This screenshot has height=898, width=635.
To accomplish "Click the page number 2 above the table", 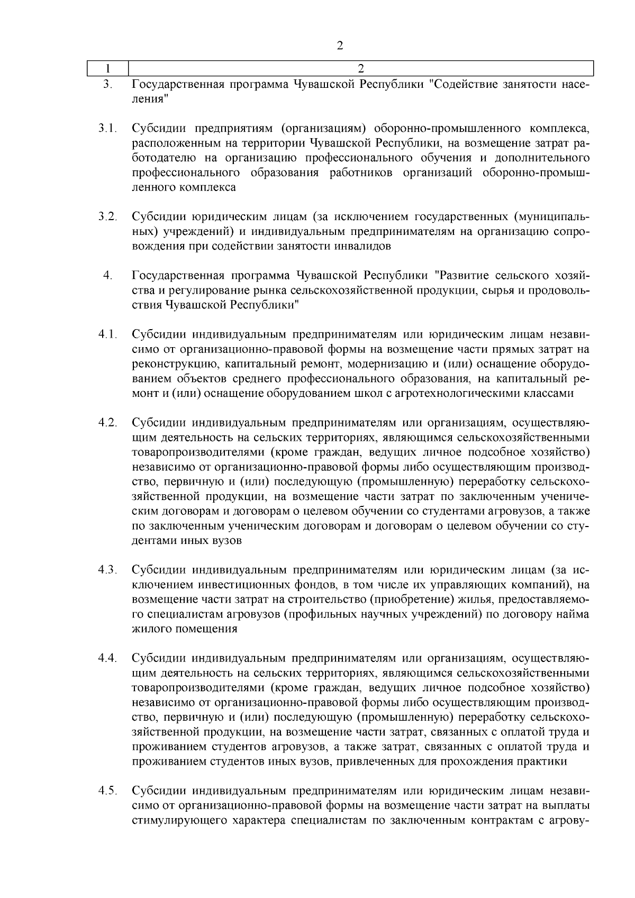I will click(x=340, y=46).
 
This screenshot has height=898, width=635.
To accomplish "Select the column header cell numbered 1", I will click(x=107, y=68).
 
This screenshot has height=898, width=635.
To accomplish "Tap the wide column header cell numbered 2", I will click(x=360, y=68).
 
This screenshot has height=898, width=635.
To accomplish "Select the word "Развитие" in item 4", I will click(x=462, y=276).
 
